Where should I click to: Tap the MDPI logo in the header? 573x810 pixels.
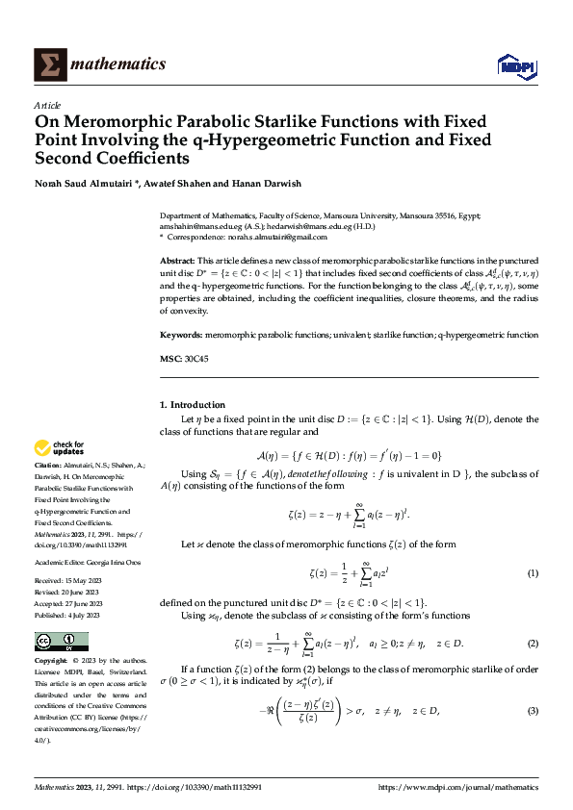[x=512, y=64]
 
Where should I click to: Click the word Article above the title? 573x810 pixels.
[x=47, y=105]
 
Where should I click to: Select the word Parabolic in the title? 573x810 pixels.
[x=225, y=122]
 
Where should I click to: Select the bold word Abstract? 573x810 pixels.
[x=177, y=262]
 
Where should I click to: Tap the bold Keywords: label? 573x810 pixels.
[x=181, y=335]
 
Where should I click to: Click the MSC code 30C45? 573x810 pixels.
[x=196, y=359]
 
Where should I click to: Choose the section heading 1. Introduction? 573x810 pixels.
[x=193, y=405]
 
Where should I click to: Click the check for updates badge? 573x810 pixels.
[x=60, y=447]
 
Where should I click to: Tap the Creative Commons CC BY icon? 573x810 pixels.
[x=62, y=642]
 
